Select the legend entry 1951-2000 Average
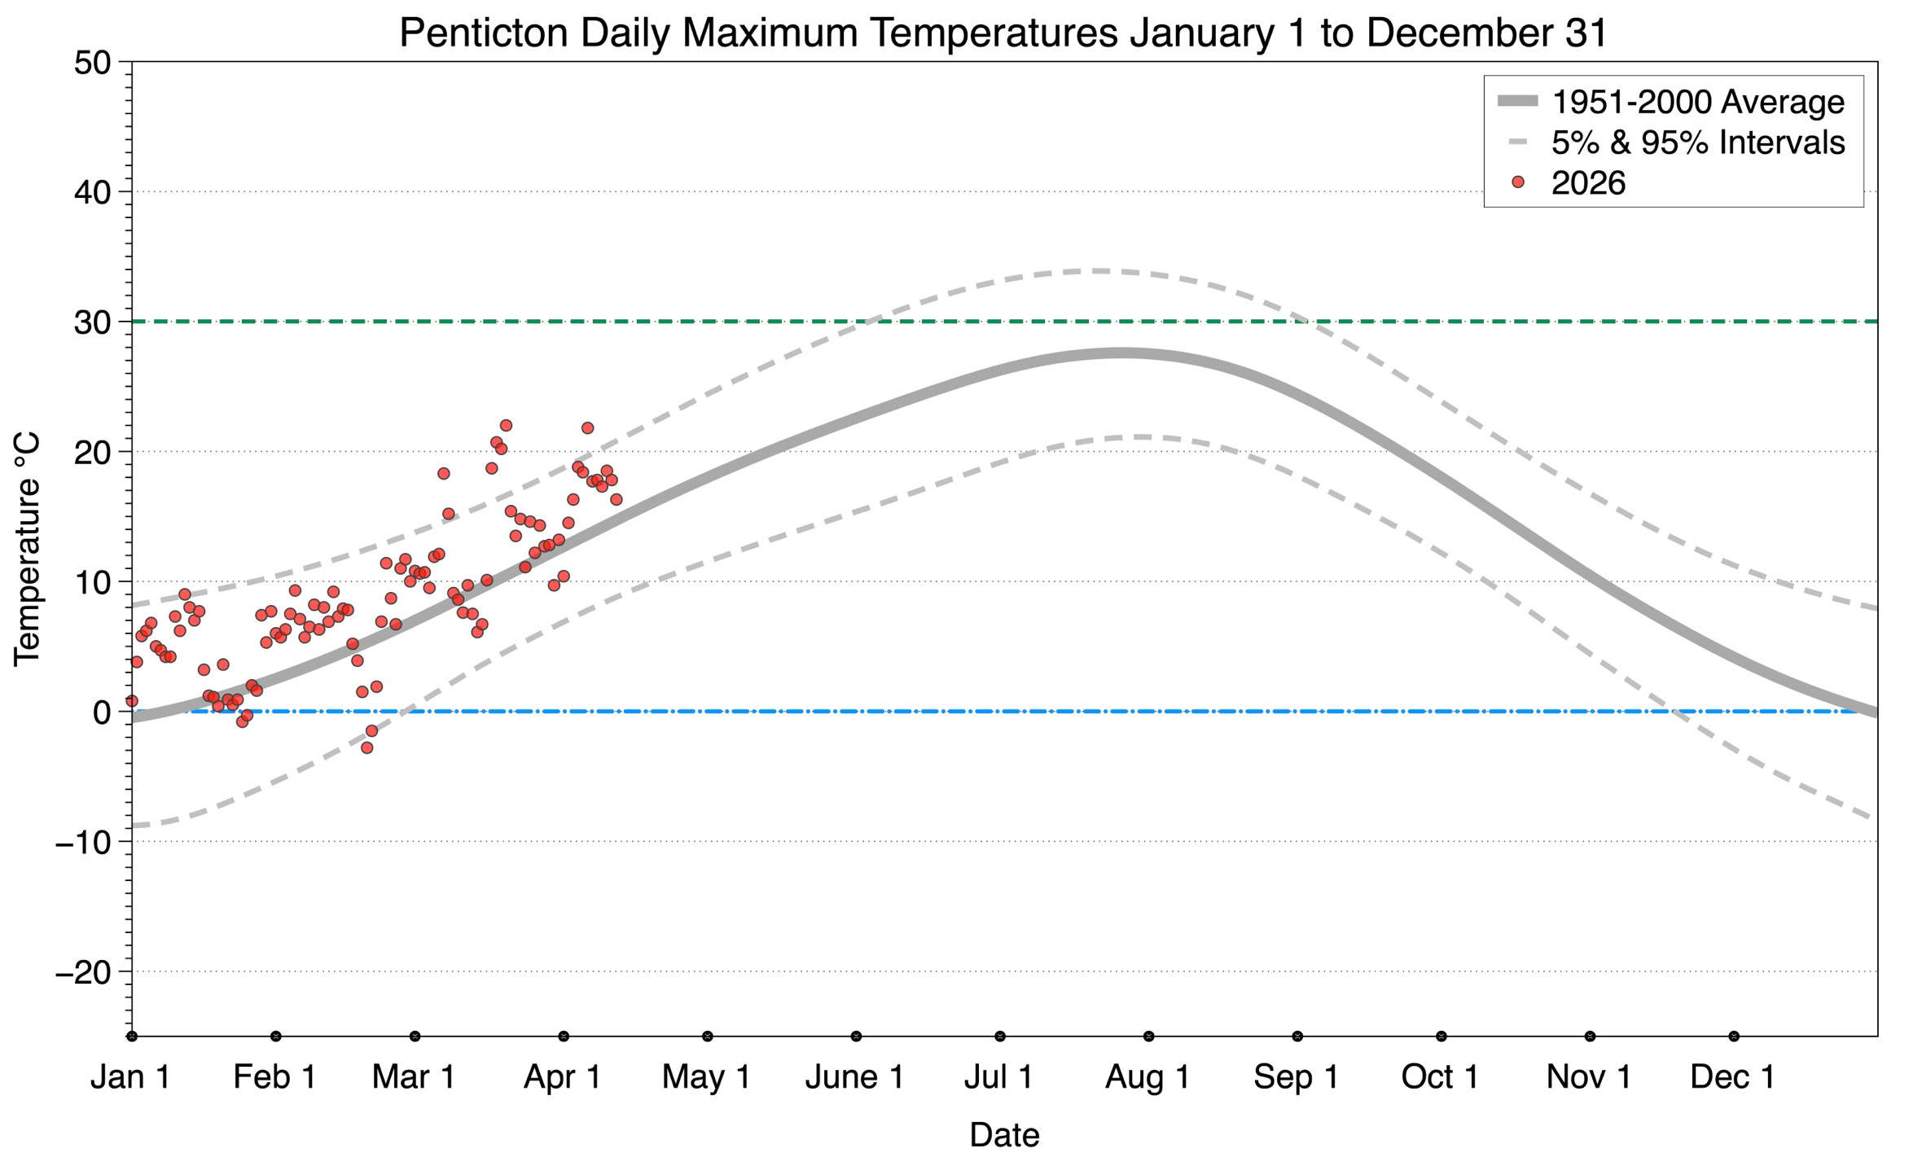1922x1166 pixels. tap(1697, 102)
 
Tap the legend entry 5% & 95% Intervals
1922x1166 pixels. tap(1697, 142)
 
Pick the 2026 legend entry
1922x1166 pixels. tap(1588, 183)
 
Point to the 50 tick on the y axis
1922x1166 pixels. tap(92, 63)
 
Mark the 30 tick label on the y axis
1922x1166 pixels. tap(92, 322)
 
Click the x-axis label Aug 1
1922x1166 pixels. tap(1147, 1077)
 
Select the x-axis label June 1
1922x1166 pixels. tap(854, 1077)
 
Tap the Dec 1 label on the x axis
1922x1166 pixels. tap(1732, 1077)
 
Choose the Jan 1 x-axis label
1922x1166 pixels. tap(130, 1077)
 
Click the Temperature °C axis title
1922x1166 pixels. tap(27, 549)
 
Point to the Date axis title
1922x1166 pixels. tap(1003, 1135)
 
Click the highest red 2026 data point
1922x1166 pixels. tap(506, 425)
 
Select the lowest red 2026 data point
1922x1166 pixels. tap(366, 747)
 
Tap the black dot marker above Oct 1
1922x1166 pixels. tap(1441, 1037)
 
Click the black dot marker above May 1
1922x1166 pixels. tap(708, 1037)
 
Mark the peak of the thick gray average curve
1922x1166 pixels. tap(1121, 353)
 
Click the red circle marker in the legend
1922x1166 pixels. tap(1517, 182)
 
